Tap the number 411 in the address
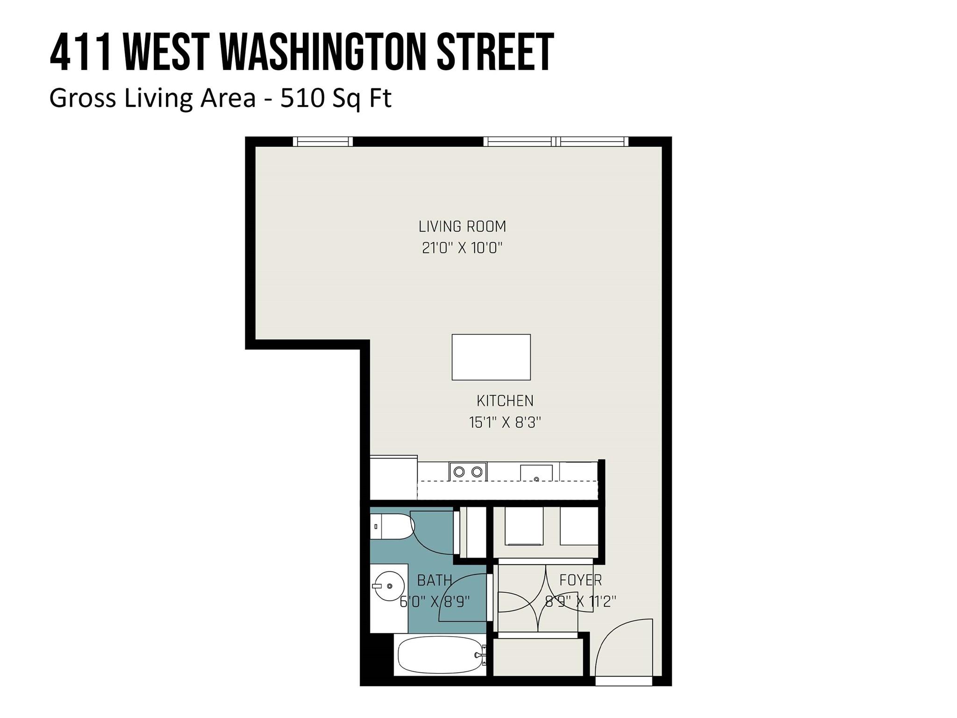[80, 52]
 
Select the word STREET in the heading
[495, 52]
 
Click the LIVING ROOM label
[462, 227]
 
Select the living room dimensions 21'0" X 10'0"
[462, 248]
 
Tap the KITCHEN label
[505, 401]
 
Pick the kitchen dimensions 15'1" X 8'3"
[505, 423]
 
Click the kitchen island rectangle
[491, 357]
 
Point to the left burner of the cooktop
[459, 472]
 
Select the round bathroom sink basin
[389, 586]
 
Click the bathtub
[439, 655]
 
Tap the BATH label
[434, 580]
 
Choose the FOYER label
[580, 580]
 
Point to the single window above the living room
[322, 141]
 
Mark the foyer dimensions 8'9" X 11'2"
[580, 601]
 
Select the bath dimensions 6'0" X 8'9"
[435, 601]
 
